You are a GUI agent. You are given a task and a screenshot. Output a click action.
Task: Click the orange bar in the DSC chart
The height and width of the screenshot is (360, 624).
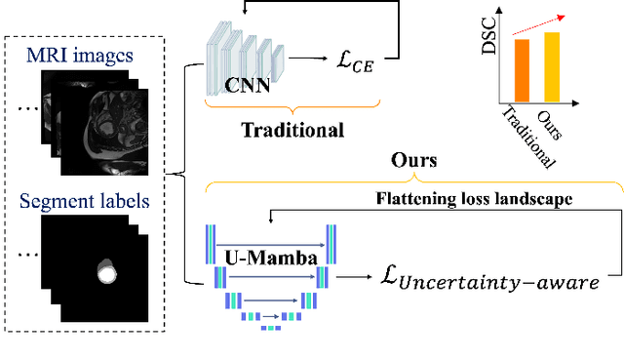[x=522, y=70]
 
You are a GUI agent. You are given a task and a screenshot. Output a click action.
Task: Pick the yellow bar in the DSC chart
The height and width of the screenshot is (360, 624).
[x=552, y=66]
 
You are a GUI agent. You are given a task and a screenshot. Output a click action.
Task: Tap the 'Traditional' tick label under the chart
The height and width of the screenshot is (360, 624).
[x=526, y=137]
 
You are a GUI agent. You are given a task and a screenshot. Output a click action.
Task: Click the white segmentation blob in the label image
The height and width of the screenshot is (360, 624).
[x=106, y=270]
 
